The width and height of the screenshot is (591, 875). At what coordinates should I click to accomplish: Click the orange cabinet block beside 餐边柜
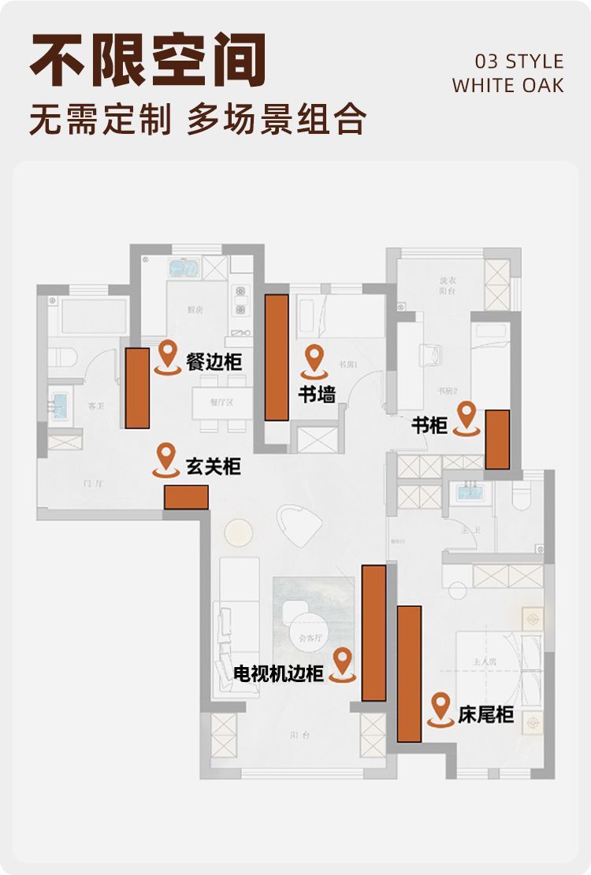coord(137,387)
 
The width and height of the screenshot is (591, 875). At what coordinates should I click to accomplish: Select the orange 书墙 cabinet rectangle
coord(276,357)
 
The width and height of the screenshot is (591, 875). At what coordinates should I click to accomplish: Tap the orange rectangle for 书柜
coord(496,439)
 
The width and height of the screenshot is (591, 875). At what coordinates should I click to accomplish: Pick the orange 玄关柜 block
coord(186,497)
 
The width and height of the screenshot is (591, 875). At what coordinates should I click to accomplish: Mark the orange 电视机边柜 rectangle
coord(374,632)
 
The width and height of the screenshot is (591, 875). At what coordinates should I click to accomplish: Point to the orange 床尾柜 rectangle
coord(409,673)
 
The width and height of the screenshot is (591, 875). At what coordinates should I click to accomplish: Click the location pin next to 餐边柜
coord(167,356)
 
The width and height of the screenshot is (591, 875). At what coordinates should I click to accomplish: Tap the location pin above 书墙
coord(315,359)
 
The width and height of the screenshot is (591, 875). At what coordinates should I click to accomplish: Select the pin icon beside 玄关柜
coord(165,459)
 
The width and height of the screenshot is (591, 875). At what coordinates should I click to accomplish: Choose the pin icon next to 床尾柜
coord(440,709)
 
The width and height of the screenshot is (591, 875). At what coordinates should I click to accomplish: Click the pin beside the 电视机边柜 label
coord(342,664)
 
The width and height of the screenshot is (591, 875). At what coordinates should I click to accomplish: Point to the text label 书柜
coord(429,426)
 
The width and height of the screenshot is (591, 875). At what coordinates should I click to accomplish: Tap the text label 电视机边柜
coord(279,674)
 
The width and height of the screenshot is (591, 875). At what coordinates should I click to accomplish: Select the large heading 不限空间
coord(148,61)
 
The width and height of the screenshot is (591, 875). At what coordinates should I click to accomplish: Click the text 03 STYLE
coord(519,61)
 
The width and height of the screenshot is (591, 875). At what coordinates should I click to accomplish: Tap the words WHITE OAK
coord(508,85)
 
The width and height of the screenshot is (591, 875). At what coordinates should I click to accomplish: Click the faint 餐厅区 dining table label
coord(221,402)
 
